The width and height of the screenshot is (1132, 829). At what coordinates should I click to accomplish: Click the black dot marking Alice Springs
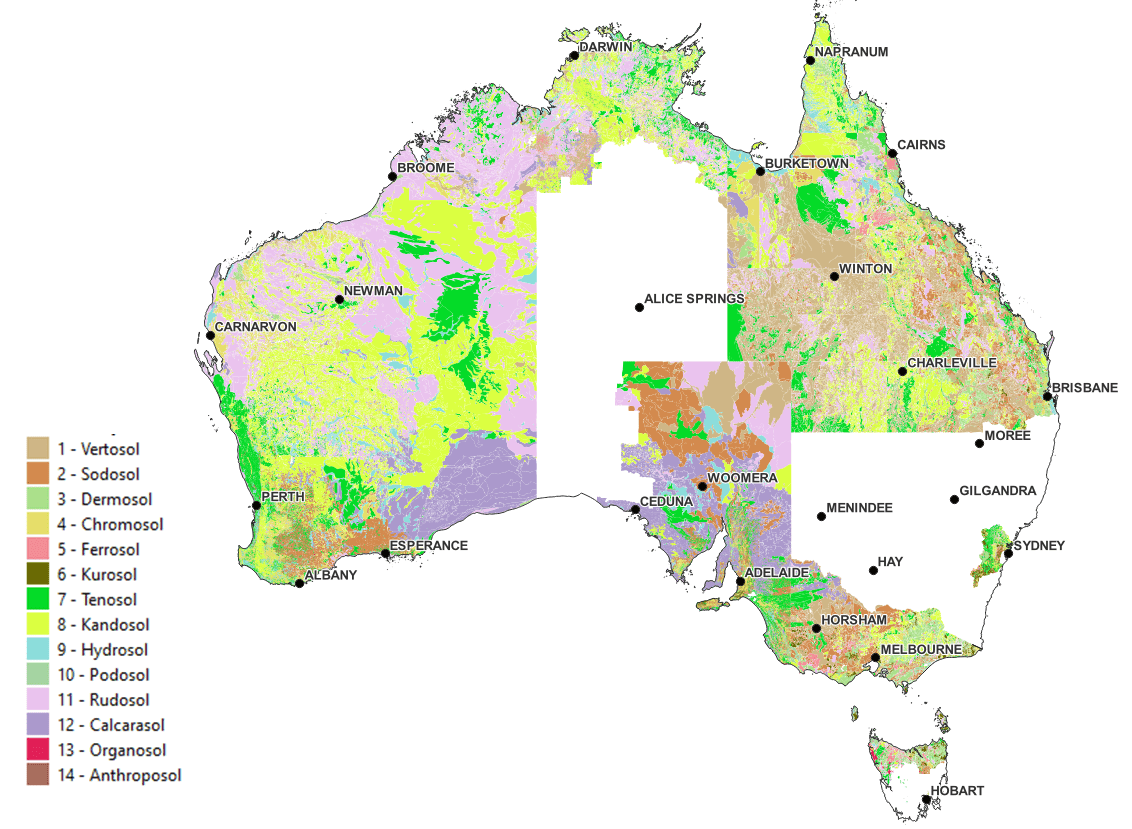pos(639,307)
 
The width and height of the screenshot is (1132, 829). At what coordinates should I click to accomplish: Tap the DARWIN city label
pos(607,46)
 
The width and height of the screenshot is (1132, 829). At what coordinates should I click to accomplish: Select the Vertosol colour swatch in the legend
pos(38,449)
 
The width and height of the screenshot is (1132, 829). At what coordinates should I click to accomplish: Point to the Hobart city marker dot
pos(926,799)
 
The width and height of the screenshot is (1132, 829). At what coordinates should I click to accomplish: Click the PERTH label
pos(281,496)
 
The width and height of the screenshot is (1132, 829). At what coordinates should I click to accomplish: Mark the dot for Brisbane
pos(1047,397)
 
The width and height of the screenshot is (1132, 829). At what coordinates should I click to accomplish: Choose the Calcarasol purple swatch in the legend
pos(38,725)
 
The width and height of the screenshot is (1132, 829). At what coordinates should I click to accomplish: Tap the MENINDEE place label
pos(859,508)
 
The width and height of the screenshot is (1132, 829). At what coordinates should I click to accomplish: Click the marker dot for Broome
pos(392,177)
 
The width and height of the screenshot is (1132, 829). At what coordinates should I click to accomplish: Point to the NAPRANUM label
pos(851,52)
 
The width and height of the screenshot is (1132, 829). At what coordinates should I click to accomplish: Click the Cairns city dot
pos(892,153)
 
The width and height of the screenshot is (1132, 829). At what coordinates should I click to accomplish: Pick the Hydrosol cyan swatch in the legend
pos(38,650)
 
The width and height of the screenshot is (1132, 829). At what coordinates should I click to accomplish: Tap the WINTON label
pos(865,269)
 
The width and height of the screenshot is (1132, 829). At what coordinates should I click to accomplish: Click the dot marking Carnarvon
pos(210,335)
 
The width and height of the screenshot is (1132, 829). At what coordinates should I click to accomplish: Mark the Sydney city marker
pos(1008,553)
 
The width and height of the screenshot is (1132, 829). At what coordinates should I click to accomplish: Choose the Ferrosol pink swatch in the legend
pos(38,550)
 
